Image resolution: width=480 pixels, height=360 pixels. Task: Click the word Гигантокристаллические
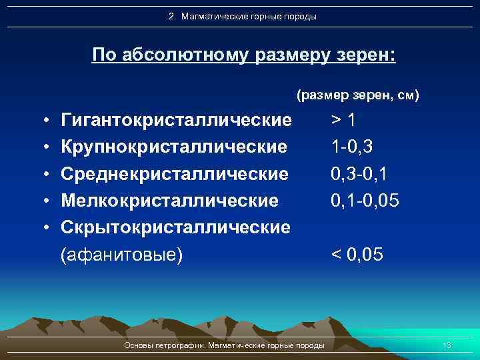pos(176,120)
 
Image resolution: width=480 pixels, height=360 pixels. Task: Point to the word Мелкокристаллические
pos(169,200)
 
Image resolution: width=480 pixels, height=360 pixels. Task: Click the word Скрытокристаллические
pos(175,227)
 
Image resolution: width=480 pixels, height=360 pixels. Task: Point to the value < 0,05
pos(358,255)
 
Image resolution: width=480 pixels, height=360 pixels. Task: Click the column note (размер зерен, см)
pos(357,96)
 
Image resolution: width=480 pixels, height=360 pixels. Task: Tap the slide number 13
pos(447,345)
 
